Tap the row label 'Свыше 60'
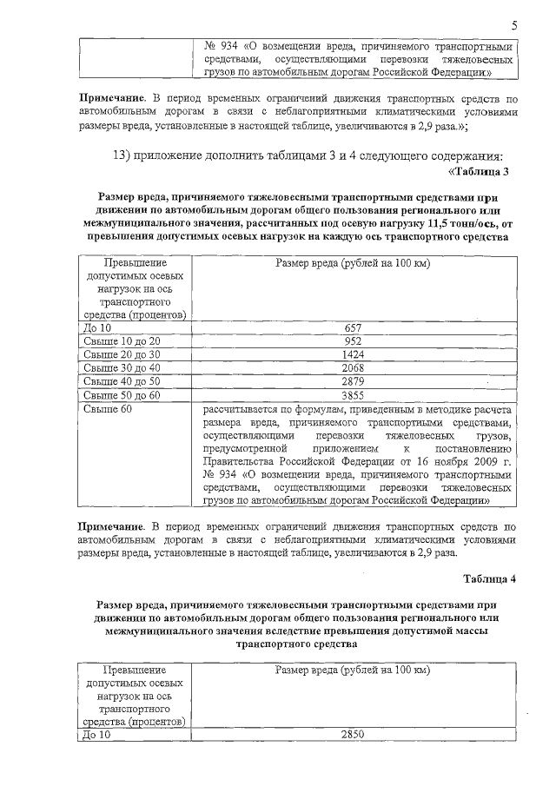[x=108, y=408]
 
